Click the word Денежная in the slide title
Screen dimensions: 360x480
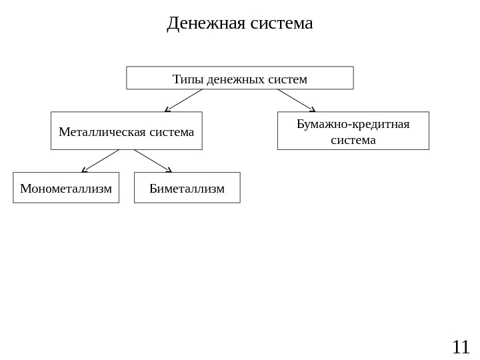click(x=205, y=24)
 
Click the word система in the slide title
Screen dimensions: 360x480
click(x=281, y=24)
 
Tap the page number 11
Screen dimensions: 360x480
click(x=461, y=347)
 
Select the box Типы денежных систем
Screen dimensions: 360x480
click(x=240, y=78)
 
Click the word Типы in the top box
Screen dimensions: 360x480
click(x=188, y=80)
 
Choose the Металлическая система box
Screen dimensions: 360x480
click(x=127, y=131)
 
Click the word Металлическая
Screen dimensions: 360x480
click(x=103, y=132)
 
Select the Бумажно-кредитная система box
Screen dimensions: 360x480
click(x=353, y=131)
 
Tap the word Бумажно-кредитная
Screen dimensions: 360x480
click(x=353, y=124)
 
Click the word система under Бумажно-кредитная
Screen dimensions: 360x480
click(x=353, y=140)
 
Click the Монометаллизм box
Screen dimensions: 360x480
click(x=66, y=187)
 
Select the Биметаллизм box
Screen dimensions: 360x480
click(x=187, y=187)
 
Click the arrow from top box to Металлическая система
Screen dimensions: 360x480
click(x=184, y=99)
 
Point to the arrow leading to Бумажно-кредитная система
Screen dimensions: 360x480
click(x=296, y=99)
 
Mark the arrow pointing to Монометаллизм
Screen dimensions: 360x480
click(x=101, y=161)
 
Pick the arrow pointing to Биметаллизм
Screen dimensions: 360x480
click(x=153, y=160)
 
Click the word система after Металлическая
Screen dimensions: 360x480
click(x=171, y=132)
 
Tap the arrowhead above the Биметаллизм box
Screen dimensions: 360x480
click(x=169, y=169)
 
